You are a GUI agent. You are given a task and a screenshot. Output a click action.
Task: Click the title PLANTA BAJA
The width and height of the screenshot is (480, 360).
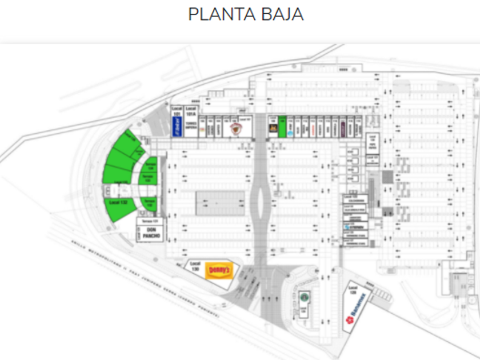[x=246, y=14]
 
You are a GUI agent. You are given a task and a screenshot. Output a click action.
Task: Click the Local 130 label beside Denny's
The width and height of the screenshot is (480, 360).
[x=195, y=267]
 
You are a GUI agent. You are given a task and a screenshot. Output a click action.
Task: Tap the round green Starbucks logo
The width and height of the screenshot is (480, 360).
[x=304, y=297]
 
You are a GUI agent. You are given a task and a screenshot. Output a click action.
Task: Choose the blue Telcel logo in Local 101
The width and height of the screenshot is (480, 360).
[x=177, y=129]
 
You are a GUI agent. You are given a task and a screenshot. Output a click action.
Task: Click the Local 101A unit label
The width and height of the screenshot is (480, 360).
[x=191, y=112]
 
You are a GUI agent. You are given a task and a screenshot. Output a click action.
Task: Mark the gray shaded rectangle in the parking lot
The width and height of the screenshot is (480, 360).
[x=221, y=203]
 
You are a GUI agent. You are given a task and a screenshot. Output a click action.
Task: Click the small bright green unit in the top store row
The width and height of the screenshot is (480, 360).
[x=282, y=126]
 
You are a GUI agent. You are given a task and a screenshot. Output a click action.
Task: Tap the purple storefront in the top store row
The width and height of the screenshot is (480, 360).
[x=343, y=129]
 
